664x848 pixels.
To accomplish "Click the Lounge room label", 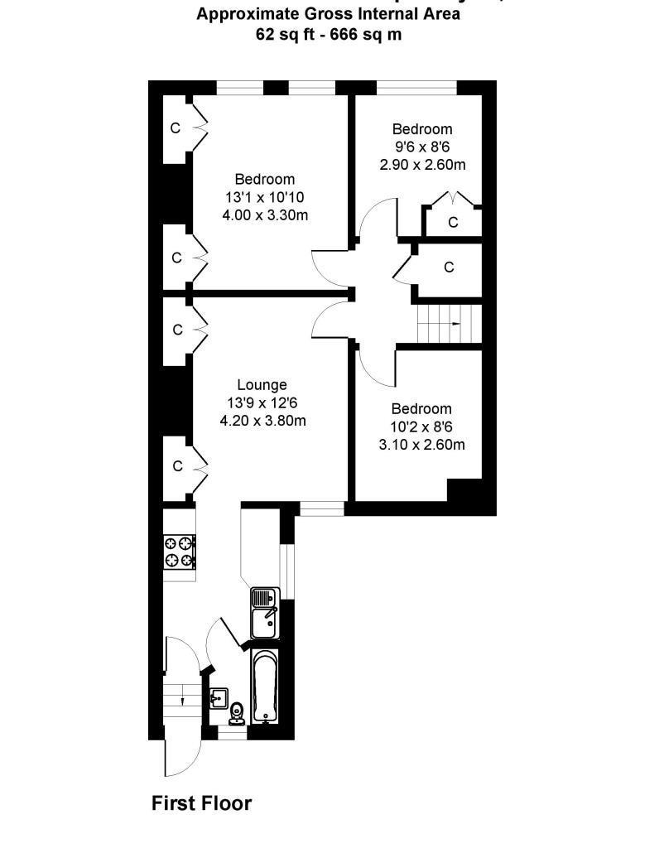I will [262, 384].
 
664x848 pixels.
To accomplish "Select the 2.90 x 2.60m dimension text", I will [422, 165].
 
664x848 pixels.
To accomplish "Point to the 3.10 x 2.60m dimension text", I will [422, 445].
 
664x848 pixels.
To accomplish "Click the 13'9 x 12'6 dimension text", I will [262, 402].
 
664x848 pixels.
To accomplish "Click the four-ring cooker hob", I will [180, 552].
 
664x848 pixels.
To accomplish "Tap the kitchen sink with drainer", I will [265, 614].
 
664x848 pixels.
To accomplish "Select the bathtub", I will [265, 687].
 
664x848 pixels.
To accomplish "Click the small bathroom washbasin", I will [220, 696].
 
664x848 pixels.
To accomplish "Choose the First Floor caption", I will [201, 802].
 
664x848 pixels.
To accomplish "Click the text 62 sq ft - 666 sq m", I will [330, 34].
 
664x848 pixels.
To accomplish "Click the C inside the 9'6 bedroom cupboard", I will [453, 222].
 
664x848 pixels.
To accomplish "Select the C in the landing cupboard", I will [449, 267].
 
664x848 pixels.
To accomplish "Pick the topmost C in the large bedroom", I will [176, 128].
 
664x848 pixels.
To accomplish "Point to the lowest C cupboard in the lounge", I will [176, 466].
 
